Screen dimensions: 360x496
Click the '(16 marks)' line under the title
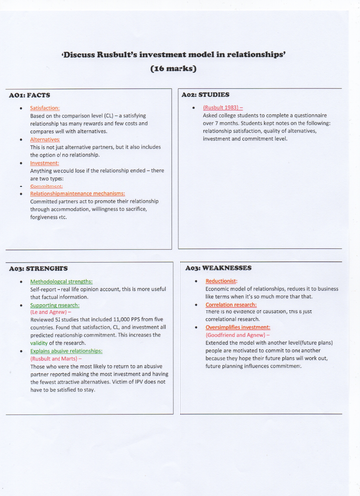click(180, 71)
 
